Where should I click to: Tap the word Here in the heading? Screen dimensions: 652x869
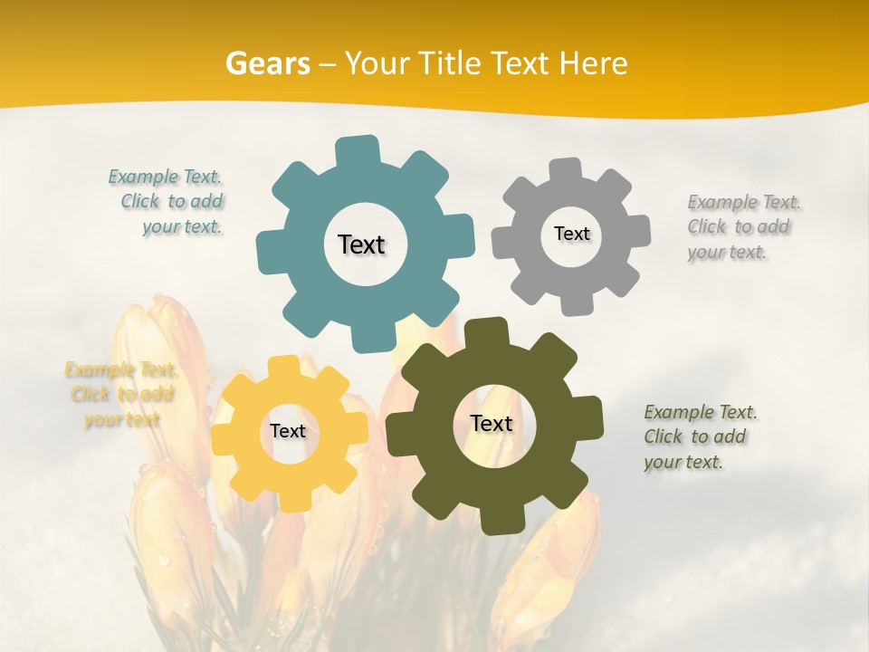point(593,63)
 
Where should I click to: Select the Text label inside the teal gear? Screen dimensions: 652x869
point(361,244)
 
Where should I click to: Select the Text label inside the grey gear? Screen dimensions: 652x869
point(571,234)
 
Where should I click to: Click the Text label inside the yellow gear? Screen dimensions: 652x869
point(288,431)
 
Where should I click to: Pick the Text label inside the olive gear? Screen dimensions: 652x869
point(492,423)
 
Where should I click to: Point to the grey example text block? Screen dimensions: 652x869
point(742,226)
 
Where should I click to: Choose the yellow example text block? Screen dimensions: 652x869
point(121,394)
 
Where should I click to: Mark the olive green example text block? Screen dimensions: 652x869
point(699,436)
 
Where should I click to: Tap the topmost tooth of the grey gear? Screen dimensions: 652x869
point(568,169)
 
